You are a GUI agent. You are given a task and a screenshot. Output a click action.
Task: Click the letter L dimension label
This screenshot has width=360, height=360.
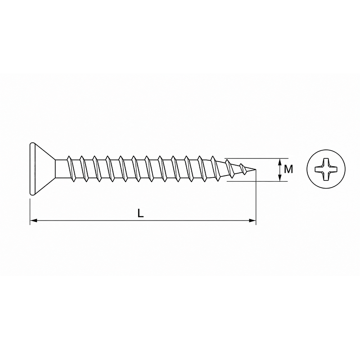140,213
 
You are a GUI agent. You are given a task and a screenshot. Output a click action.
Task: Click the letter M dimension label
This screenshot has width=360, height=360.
288,170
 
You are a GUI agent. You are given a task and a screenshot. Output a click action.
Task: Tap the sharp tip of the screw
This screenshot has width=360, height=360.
256,170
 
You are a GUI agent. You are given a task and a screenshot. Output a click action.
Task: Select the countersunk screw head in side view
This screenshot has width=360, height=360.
42,169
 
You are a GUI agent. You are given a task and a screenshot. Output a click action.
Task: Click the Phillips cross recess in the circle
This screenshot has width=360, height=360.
326,169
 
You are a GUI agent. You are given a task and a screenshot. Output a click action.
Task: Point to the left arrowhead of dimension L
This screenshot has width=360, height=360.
33,220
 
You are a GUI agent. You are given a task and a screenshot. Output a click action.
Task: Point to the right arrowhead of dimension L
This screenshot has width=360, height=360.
252,220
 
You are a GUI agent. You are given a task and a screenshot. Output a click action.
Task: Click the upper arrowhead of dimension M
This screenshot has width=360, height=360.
279,162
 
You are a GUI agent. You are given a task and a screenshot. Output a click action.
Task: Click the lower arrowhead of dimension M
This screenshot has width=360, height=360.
279,178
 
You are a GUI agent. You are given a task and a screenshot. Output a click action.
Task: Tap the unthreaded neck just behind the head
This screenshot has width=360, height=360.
61,169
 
